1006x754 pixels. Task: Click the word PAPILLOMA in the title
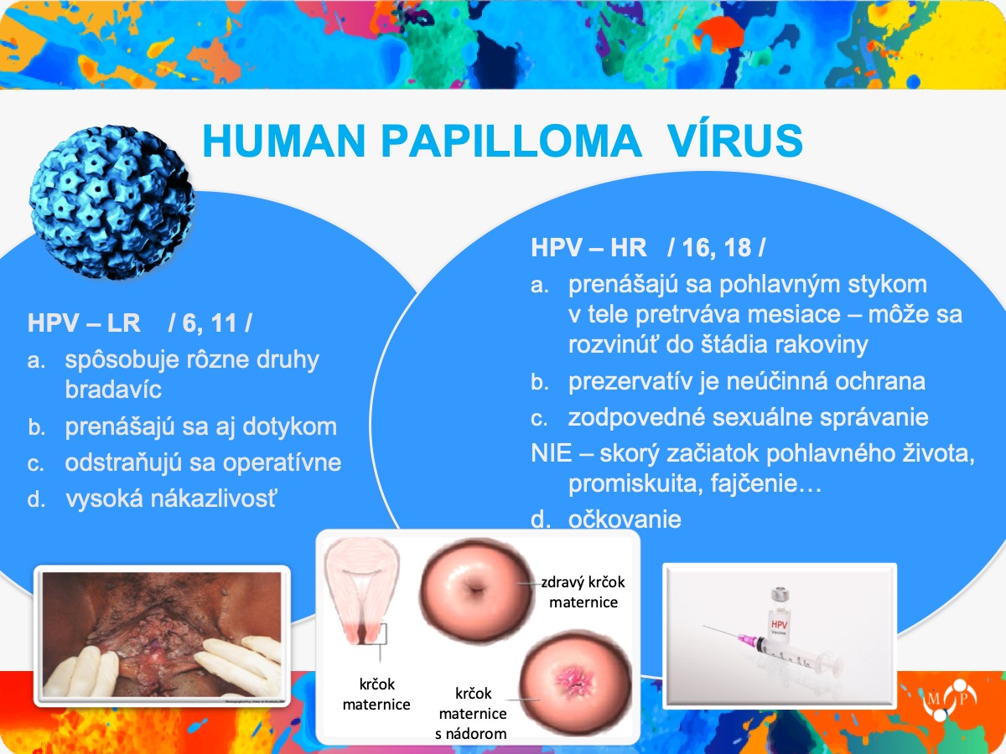511,141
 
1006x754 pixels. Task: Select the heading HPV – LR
84,323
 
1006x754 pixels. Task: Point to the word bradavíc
113,390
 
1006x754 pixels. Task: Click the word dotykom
290,426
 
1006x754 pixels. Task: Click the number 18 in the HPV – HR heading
738,248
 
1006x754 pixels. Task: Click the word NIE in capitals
552,453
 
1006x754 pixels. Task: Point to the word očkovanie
625,519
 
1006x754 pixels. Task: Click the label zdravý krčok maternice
583,592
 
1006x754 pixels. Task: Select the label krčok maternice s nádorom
472,714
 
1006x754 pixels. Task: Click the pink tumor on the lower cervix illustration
575,681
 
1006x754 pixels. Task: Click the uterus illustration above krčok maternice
361,591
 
